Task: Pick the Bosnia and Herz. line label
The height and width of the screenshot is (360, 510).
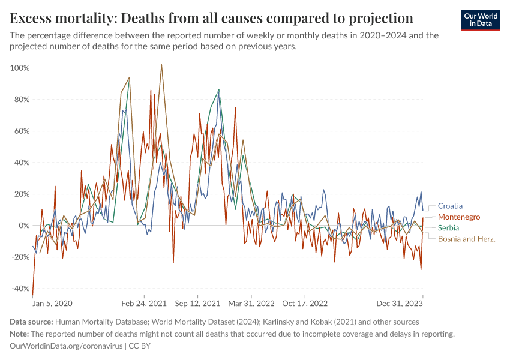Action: pyautogui.click(x=467, y=239)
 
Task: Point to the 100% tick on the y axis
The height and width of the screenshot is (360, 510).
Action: pyautogui.click(x=20, y=68)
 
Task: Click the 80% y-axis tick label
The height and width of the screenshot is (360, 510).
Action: pyautogui.click(x=21, y=100)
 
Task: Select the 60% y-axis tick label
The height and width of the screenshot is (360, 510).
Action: pyautogui.click(x=21, y=131)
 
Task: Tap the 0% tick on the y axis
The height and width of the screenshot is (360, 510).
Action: pyautogui.click(x=23, y=226)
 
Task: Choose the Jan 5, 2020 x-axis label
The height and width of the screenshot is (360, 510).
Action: pyautogui.click(x=52, y=303)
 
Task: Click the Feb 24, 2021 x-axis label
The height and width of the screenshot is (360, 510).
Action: pyautogui.click(x=144, y=303)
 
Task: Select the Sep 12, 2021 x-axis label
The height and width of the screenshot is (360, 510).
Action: pyautogui.click(x=199, y=303)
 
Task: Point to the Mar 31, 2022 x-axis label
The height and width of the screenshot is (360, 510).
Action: pyautogui.click(x=251, y=303)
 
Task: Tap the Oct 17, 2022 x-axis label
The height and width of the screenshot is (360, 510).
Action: pyautogui.click(x=305, y=303)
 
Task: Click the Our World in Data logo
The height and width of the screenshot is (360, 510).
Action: pyautogui.click(x=481, y=20)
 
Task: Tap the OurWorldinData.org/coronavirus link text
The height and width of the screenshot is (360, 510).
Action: pyautogui.click(x=66, y=346)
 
